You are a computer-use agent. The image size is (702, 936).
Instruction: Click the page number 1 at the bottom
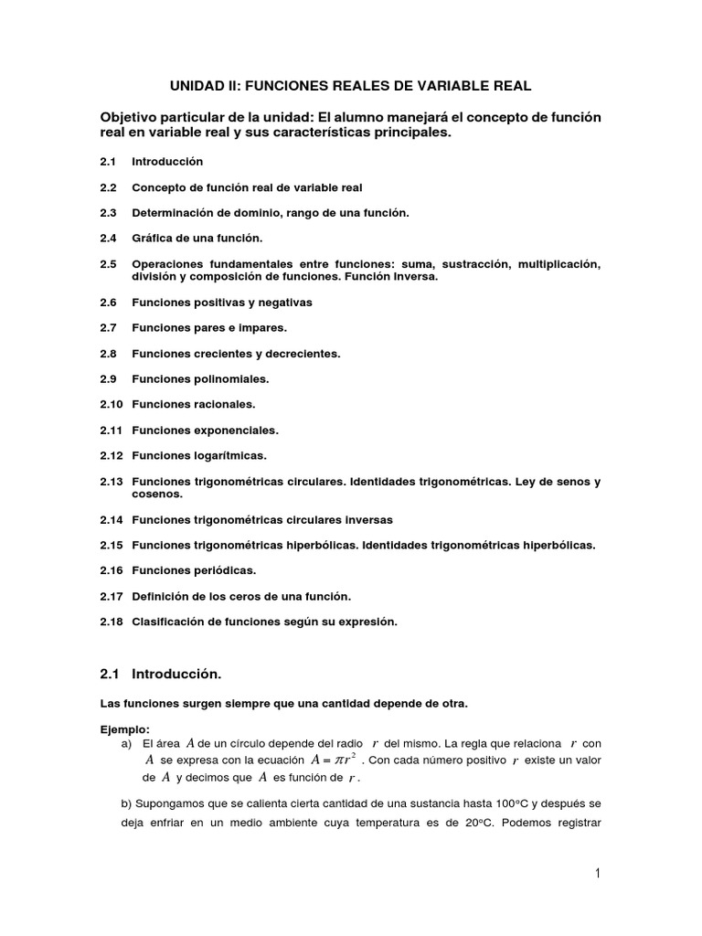(596, 874)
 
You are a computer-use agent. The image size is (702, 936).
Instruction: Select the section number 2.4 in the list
(109, 238)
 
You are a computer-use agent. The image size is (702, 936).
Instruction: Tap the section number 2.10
(112, 403)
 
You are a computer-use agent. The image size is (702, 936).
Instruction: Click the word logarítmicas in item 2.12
(230, 454)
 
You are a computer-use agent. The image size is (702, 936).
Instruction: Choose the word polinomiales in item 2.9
(230, 378)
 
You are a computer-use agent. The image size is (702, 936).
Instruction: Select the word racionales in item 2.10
(224, 403)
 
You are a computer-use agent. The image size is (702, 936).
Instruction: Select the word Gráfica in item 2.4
(152, 238)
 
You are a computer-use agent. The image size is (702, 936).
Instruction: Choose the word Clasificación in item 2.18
(170, 622)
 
